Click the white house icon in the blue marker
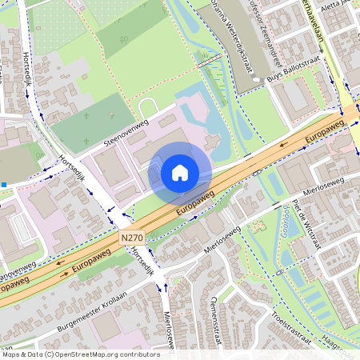pyautogui.click(x=180, y=172)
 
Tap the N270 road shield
pyautogui.click(x=132, y=238)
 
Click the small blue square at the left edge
pyautogui.click(x=4, y=185)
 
